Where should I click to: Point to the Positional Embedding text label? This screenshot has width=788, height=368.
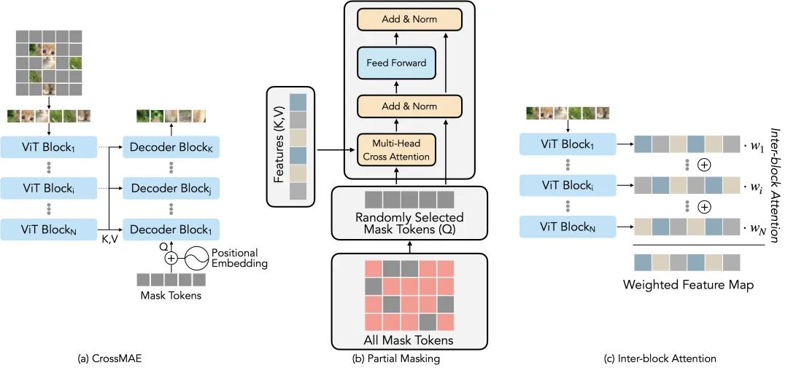[235, 257]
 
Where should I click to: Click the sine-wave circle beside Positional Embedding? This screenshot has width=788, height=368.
[197, 257]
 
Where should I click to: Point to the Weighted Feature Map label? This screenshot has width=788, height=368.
[688, 285]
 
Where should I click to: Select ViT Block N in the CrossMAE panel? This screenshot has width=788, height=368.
[50, 230]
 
